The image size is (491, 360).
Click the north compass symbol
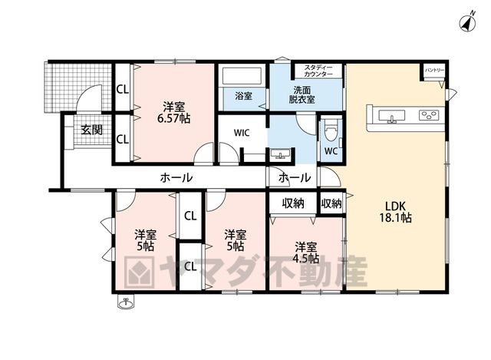coord(468,22)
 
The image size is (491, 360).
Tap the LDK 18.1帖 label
coord(396,212)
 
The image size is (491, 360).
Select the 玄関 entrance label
coord(92,130)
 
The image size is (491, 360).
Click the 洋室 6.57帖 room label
coord(173,113)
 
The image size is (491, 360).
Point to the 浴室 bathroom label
coord(243,95)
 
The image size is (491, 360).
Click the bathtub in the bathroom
coord(242,75)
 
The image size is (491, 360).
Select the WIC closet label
coord(242,133)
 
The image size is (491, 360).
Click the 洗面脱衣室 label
coord(302,95)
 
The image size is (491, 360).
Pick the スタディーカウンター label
coord(318,71)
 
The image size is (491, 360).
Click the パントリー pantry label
coord(434,70)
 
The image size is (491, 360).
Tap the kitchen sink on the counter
coord(391,116)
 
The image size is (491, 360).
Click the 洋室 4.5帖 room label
coord(306,253)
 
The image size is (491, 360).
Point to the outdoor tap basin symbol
coord(126,303)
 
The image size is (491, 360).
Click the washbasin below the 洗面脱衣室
coord(280,154)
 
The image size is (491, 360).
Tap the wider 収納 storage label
coord(293,203)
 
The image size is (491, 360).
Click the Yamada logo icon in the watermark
coord(139,272)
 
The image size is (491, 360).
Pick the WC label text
coord(331,151)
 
